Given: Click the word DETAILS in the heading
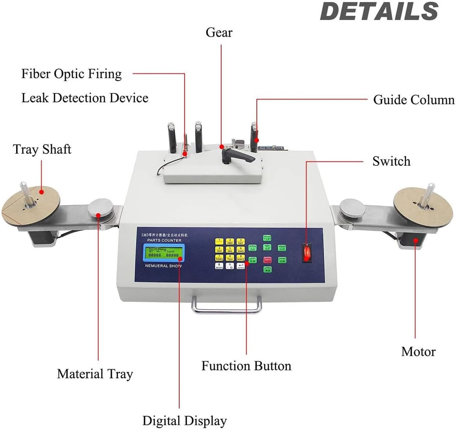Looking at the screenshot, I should tap(379, 12).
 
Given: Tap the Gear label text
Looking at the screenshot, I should tap(219, 32).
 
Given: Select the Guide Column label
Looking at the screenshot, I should tap(414, 100).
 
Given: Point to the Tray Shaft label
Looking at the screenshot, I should tap(42, 149).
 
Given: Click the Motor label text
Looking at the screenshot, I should tap(418, 352).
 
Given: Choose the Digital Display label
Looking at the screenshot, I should tap(184, 420).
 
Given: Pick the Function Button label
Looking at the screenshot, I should tap(246, 366).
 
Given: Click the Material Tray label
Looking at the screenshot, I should tap(95, 374).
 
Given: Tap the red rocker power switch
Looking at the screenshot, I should tap(306, 253).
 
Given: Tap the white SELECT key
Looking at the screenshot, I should tap(219, 266).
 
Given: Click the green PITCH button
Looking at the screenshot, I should tap(253, 248).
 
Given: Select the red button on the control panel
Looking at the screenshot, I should tap(267, 259).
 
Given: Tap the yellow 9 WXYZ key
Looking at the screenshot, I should tap(241, 258).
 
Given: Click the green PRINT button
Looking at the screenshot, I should tap(282, 248).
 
